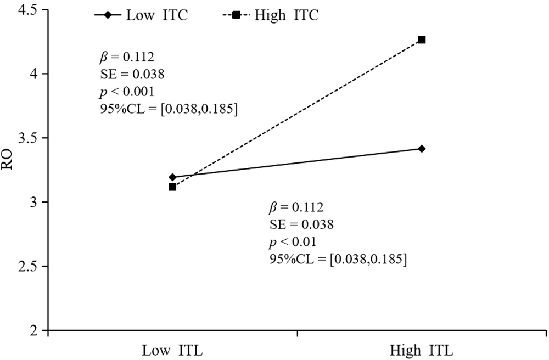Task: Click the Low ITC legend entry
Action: (x=142, y=15)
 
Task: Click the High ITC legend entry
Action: (x=272, y=15)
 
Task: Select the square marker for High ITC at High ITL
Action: (x=422, y=40)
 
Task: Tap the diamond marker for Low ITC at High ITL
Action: (x=422, y=149)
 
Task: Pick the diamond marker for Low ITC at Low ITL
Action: (x=172, y=177)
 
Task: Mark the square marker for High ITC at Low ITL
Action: (x=172, y=187)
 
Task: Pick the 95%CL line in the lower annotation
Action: (x=338, y=258)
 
